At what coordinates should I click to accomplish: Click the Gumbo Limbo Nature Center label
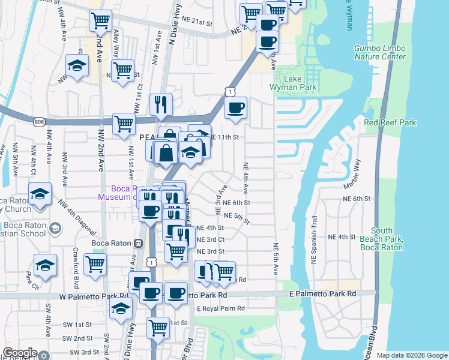pos(379,52)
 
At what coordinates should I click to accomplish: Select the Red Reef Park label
pos(390,123)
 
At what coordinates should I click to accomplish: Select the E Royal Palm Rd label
pos(221,308)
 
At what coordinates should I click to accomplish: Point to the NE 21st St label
pos(198,23)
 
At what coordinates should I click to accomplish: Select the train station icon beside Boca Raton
pos(138,244)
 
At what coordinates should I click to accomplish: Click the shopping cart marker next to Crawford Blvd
pos(95,263)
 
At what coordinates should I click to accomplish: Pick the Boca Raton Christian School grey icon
pos(55,228)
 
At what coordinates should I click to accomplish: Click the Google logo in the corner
pos(20,353)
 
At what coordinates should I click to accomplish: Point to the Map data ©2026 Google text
pos(412,355)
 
